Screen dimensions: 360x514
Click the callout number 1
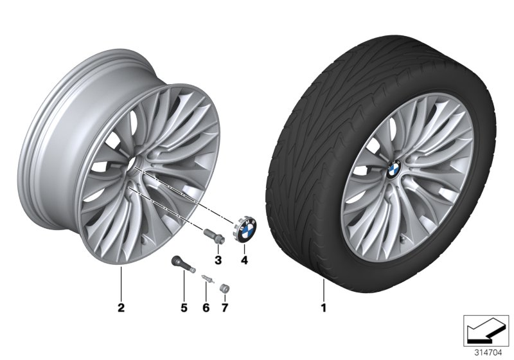tap(324, 308)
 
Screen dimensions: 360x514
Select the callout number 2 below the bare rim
tap(120, 308)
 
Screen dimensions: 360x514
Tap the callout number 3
tap(217, 260)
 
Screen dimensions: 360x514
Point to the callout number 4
tap(244, 260)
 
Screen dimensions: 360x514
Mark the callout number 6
tap(206, 308)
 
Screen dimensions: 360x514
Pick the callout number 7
tap(224, 308)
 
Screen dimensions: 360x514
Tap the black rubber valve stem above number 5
tap(180, 264)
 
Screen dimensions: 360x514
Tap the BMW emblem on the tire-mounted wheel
tap(394, 169)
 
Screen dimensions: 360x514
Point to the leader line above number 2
tap(120, 286)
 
